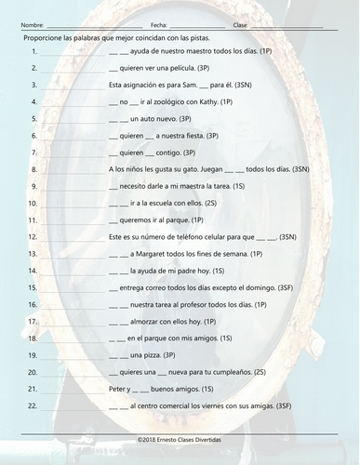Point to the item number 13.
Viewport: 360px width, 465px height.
click(33, 253)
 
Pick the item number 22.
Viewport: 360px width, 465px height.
click(33, 405)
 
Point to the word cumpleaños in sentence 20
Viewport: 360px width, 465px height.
click(233, 371)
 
